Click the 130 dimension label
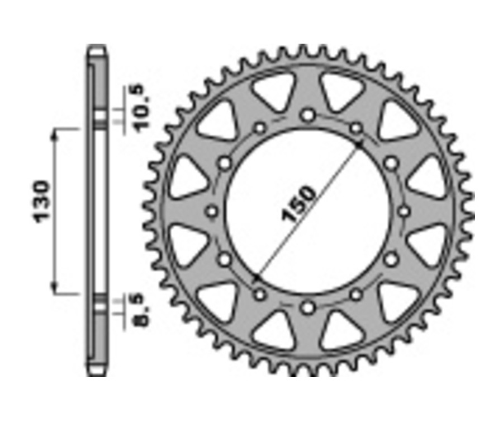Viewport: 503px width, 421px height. click(44, 202)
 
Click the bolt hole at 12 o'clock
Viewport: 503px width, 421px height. click(307, 115)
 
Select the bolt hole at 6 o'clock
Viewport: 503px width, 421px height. click(307, 307)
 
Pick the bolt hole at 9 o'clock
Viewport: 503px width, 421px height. click(212, 212)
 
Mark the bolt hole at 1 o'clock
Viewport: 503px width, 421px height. click(355, 129)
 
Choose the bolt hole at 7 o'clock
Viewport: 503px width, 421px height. click(259, 294)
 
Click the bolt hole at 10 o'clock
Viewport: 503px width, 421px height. click(225, 163)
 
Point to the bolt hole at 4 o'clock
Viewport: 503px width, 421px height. click(390, 259)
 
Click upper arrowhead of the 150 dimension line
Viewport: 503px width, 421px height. click(358, 143)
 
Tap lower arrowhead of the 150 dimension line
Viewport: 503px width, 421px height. click(257, 278)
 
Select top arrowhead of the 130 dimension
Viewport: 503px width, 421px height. click(55, 132)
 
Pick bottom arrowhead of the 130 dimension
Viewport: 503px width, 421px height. click(55, 289)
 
